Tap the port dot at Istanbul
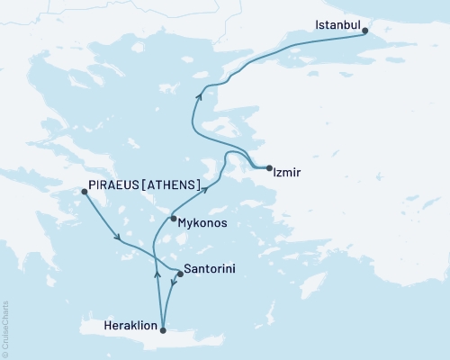pyautogui.click(x=364, y=31)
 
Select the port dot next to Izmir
pyautogui.click(x=269, y=166)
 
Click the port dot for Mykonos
pyautogui.click(x=172, y=217)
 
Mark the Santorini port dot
pyautogui.click(x=180, y=274)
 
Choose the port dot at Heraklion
pyautogui.click(x=163, y=331)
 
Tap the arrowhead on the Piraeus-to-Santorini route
pyautogui.click(x=118, y=238)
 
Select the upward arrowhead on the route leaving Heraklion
pyautogui.click(x=158, y=274)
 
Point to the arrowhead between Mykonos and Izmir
pyautogui.click(x=207, y=188)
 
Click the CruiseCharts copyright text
pyautogui.click(x=5, y=328)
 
